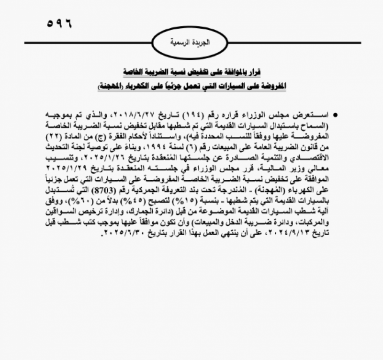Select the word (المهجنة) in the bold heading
(112, 88)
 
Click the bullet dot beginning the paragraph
(337, 116)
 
